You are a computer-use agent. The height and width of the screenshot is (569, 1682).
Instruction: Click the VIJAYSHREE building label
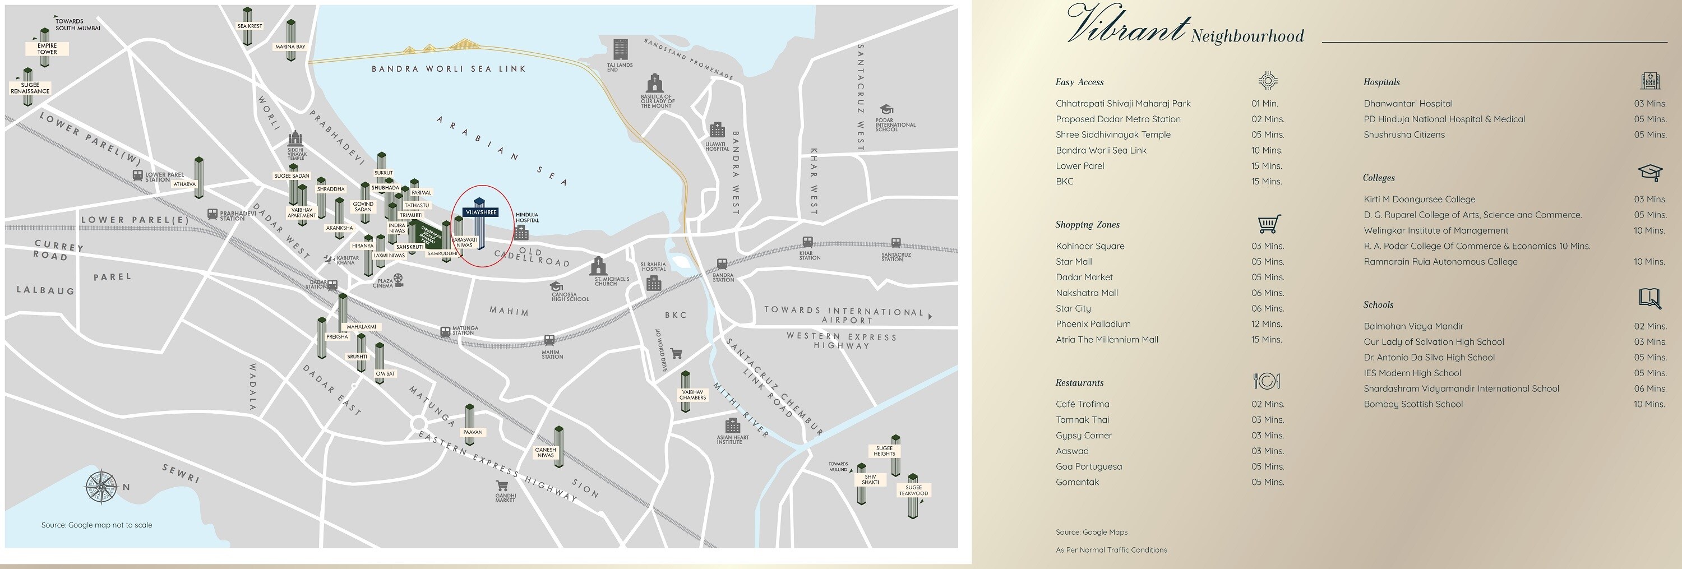tap(481, 212)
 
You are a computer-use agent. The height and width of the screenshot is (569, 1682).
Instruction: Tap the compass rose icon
tap(101, 487)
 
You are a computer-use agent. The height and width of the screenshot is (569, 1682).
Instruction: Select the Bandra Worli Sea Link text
tap(449, 68)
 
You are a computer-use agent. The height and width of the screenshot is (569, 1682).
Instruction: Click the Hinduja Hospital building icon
tap(521, 232)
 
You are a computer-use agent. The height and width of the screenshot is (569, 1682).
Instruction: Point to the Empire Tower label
tap(47, 49)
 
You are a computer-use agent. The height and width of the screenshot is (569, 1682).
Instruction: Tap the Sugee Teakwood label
tap(913, 491)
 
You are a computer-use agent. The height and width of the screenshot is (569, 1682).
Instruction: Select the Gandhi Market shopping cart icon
tap(502, 485)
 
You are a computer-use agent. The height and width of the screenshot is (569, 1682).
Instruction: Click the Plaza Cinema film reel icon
tap(398, 279)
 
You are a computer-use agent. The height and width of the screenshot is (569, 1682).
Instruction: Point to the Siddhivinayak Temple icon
tap(296, 138)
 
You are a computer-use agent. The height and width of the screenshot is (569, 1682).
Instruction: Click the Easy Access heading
tap(1079, 82)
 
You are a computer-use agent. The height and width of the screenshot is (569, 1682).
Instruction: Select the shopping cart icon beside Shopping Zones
tap(1268, 224)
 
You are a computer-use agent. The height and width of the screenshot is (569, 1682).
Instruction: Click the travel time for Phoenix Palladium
tap(1267, 325)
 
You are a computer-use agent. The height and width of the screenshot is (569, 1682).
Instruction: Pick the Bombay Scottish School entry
tap(1413, 405)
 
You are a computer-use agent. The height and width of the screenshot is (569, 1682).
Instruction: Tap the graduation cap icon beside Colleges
tap(1650, 172)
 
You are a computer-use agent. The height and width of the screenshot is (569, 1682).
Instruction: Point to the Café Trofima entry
tap(1082, 405)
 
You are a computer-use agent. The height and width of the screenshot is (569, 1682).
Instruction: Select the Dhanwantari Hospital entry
tap(1408, 104)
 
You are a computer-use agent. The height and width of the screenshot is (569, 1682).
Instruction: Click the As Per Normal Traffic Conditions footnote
tap(1111, 550)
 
